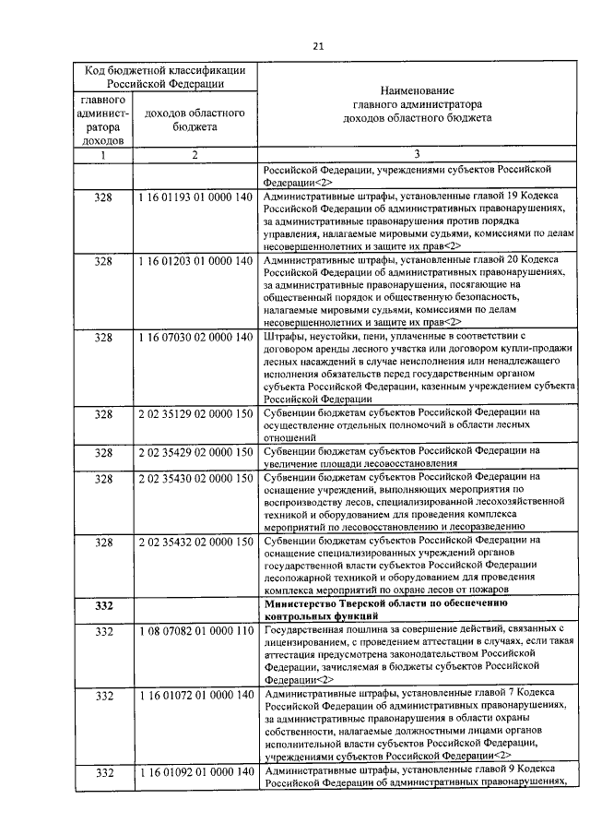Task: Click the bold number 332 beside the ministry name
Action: (103, 605)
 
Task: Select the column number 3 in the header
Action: (417, 156)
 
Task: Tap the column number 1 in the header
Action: (103, 156)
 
